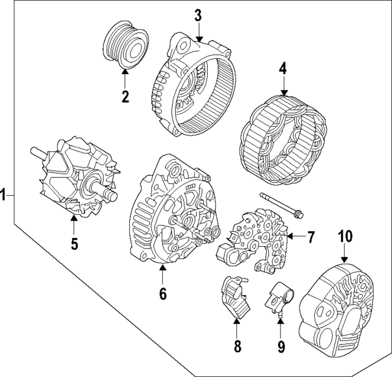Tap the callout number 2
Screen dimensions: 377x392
(x=125, y=96)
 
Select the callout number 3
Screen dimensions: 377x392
(x=198, y=15)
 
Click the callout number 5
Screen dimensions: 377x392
(x=73, y=244)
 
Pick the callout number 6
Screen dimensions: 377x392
(x=163, y=293)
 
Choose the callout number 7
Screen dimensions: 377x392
(x=311, y=236)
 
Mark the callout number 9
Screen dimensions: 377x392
(x=281, y=347)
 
